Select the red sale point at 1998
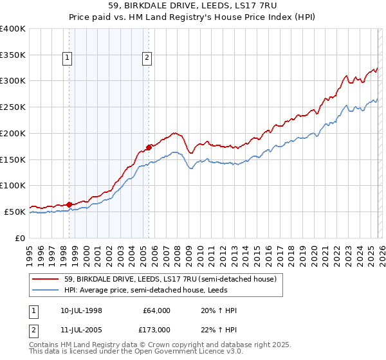point(69,204)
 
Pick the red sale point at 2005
point(149,147)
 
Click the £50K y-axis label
point(15,212)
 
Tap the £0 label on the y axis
point(20,238)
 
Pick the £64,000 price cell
point(157,310)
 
